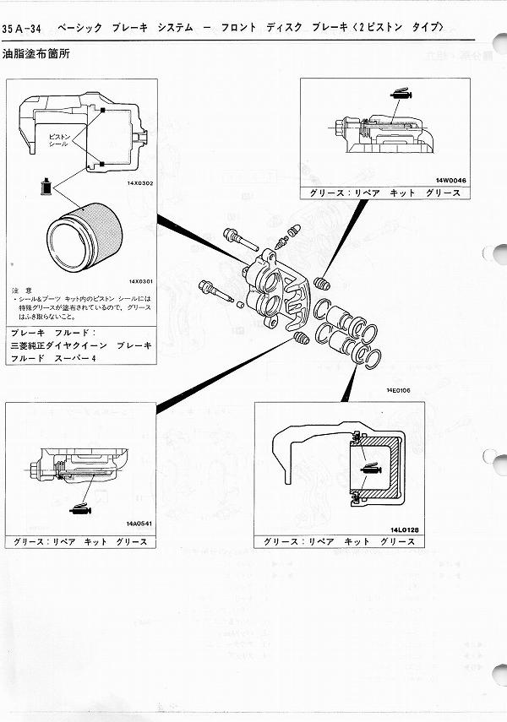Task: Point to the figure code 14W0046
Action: click(450, 180)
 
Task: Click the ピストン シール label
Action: click(58, 138)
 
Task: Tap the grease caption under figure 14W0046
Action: click(384, 193)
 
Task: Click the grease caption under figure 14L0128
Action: click(338, 541)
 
